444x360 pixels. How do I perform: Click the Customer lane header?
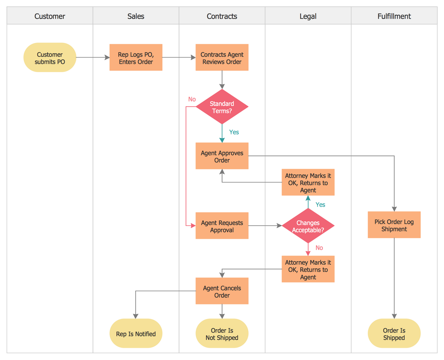coord(50,16)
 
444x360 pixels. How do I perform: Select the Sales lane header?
coord(136,16)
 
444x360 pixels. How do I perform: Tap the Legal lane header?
coord(308,16)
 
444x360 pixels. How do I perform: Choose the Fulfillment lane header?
coord(394,16)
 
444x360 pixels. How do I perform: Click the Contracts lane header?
coord(222,16)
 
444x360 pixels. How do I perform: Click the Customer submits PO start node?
coord(50,58)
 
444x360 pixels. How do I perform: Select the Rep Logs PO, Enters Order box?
coord(136,58)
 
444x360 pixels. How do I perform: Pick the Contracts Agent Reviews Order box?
coord(222,58)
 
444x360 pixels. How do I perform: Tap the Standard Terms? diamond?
coord(222,107)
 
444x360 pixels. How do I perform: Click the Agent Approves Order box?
coord(222,156)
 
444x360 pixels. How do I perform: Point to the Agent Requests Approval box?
coord(222,226)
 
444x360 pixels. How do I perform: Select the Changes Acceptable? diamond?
coord(308,226)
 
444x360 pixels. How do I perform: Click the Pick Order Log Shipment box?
coord(394,225)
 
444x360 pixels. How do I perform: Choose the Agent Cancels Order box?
coord(222,291)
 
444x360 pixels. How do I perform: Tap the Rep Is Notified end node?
coord(136,333)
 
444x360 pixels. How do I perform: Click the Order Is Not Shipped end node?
coord(222,333)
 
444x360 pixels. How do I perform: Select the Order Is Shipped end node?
coord(394,333)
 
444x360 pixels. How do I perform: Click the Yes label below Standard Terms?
coord(234,132)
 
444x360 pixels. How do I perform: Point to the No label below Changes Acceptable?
coord(319,248)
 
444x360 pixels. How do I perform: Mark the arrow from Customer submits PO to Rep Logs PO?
coord(93,58)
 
